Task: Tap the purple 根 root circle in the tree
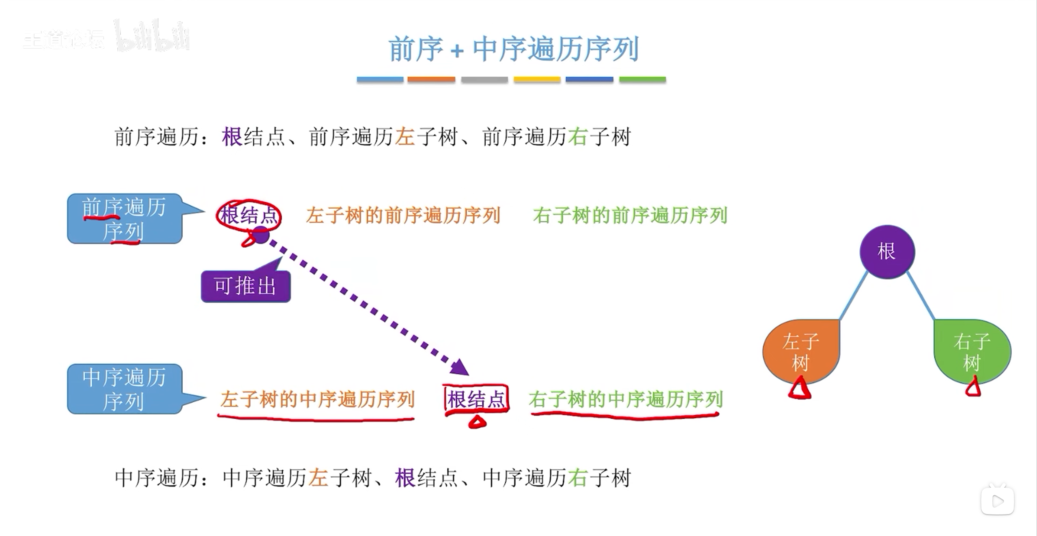click(x=887, y=252)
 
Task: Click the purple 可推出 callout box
click(x=245, y=286)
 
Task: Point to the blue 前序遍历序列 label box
click(x=124, y=219)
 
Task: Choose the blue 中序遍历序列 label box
click(x=124, y=389)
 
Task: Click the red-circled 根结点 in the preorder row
click(x=249, y=215)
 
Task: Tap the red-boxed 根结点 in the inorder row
click(x=476, y=400)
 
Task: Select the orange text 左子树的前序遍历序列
click(x=403, y=215)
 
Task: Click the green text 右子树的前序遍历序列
click(x=630, y=215)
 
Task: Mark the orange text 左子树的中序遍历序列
click(x=317, y=400)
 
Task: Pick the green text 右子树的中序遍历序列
click(x=626, y=400)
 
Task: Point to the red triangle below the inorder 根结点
click(x=477, y=422)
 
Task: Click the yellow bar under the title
click(x=537, y=80)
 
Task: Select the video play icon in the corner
click(x=998, y=501)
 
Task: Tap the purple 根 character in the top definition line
click(x=232, y=137)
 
